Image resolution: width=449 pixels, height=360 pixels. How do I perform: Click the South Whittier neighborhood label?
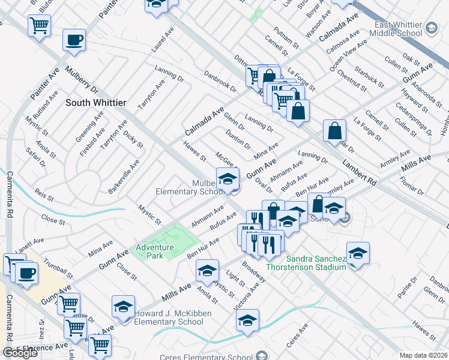(x=95, y=103)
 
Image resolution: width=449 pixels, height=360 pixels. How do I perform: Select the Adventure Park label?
(x=154, y=251)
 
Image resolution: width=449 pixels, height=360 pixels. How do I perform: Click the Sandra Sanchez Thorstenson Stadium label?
(x=315, y=263)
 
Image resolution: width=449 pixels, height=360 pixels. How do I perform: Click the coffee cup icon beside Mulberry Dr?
(x=74, y=40)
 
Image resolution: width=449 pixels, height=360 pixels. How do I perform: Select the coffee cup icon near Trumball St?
(x=26, y=274)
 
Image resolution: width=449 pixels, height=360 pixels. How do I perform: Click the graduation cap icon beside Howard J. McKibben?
(x=123, y=307)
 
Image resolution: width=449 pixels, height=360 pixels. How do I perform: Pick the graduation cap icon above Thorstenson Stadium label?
(x=358, y=253)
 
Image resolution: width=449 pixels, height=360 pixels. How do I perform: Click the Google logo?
(x=20, y=353)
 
